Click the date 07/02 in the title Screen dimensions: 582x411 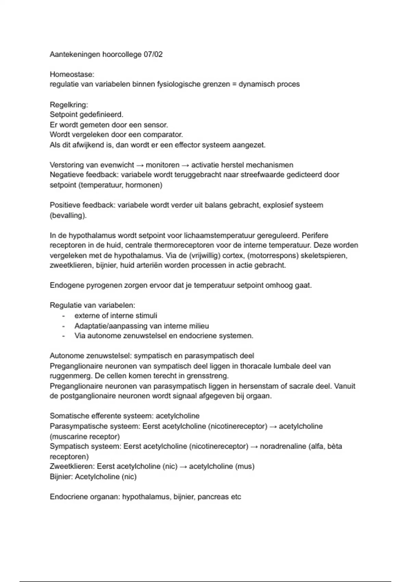(153, 54)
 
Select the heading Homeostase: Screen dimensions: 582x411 (72, 74)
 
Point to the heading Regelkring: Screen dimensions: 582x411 (69, 104)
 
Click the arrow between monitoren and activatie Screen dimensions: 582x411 (185, 165)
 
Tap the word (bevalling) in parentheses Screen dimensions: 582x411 (68, 215)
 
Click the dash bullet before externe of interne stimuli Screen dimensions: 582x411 (63, 316)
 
